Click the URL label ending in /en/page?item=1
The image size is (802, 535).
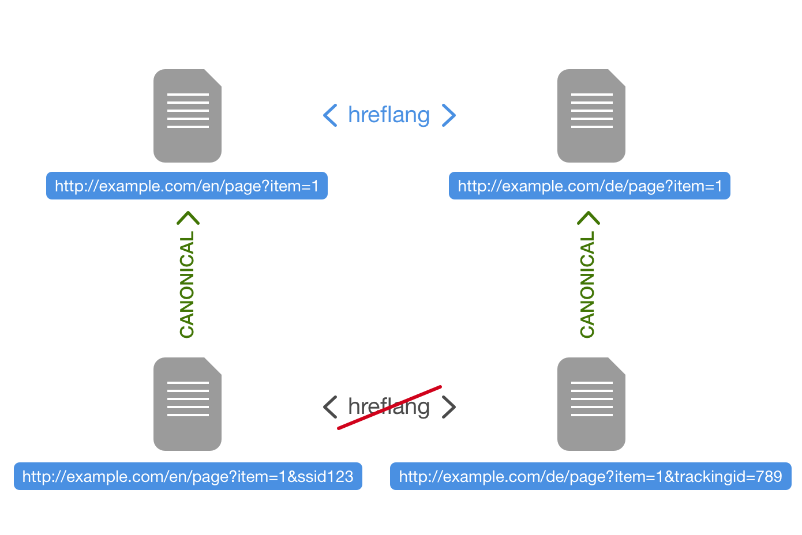[x=187, y=186]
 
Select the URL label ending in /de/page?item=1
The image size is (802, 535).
[x=590, y=186]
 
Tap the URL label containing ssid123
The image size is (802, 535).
[x=188, y=476]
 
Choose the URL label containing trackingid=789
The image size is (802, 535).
[x=591, y=476]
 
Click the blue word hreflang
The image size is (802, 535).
[x=389, y=115]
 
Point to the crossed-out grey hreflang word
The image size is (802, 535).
[x=389, y=407]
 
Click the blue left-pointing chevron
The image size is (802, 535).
[x=330, y=115]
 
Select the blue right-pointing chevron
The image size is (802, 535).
[x=449, y=115]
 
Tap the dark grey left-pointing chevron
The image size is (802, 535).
[x=330, y=407]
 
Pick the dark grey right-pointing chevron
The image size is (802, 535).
[x=449, y=407]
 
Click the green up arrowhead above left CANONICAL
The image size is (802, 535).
[x=188, y=218]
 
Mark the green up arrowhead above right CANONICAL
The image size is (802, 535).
[x=589, y=218]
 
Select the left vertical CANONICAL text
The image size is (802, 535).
[x=187, y=284]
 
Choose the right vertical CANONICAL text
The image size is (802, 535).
[x=587, y=284]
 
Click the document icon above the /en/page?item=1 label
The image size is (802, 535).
[x=188, y=116]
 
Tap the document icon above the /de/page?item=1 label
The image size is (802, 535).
[x=591, y=116]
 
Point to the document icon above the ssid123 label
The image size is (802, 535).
[x=188, y=404]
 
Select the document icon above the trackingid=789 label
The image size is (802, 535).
[x=591, y=404]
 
